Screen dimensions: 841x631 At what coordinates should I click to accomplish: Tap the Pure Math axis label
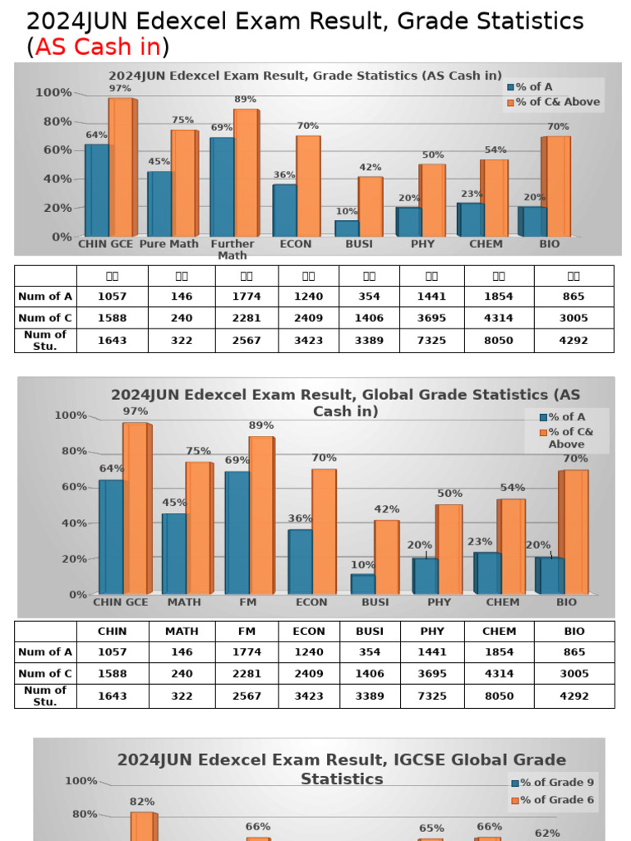[169, 244]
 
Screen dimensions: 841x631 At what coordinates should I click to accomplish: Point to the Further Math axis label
[233, 249]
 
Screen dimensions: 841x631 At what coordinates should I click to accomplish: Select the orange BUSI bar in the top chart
[371, 206]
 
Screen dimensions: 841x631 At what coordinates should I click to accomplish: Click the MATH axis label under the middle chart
[183, 602]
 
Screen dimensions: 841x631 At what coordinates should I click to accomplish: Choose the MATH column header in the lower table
[182, 632]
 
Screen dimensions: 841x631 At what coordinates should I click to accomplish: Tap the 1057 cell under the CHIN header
[113, 652]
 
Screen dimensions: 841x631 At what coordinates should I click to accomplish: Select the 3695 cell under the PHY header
[432, 673]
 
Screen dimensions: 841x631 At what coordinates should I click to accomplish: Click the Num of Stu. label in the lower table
[45, 696]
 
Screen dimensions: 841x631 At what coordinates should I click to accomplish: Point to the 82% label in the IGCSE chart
[141, 802]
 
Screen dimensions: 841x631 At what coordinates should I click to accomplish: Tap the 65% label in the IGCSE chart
[431, 828]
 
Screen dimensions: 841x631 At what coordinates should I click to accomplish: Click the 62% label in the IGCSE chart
[547, 833]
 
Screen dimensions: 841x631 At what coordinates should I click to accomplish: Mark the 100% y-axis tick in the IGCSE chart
[81, 781]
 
